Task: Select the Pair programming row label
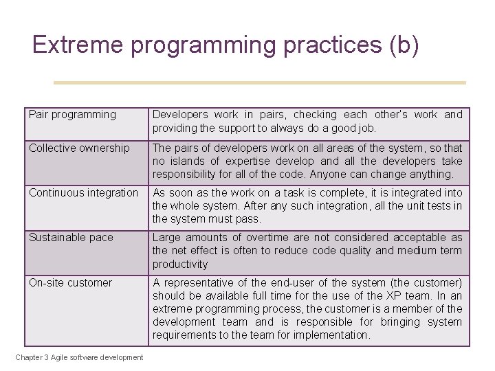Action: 72,115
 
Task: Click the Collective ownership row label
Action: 79,148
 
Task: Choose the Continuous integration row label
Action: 83,193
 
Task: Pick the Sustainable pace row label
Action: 71,238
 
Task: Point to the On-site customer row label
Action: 70,282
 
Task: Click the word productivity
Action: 180,264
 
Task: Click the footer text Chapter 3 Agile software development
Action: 80,357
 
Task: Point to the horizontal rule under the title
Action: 260,83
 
